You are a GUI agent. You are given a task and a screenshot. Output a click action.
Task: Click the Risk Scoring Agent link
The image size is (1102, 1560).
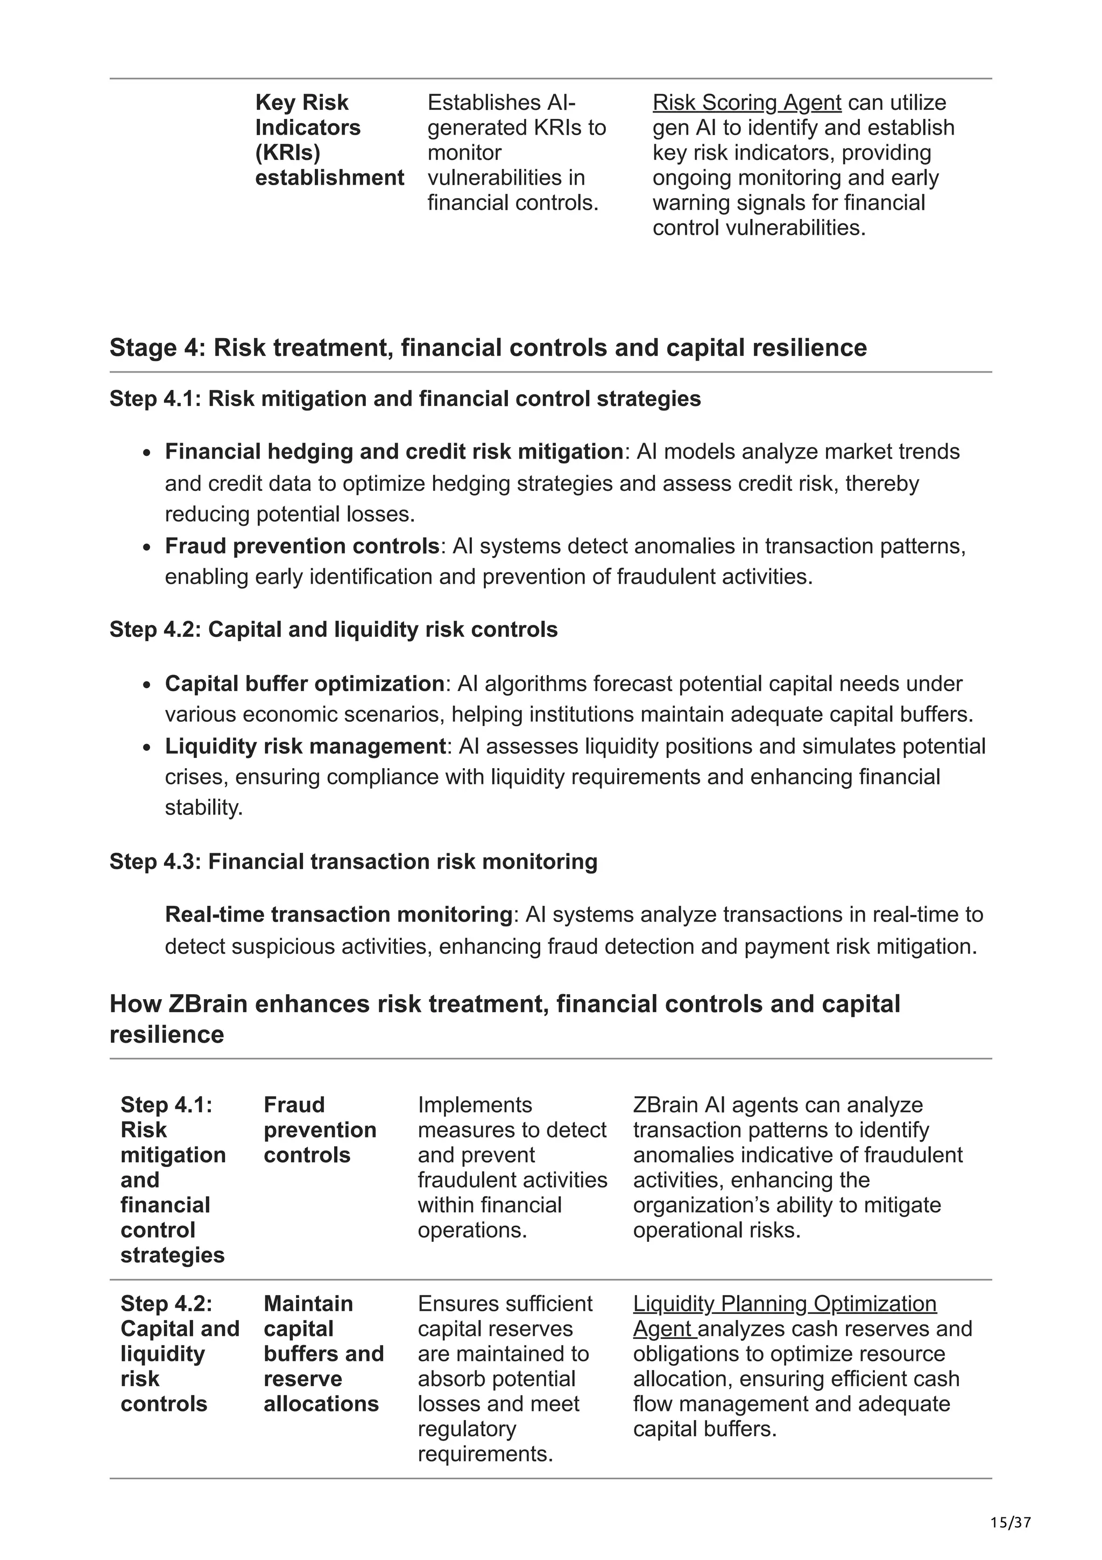click(x=746, y=103)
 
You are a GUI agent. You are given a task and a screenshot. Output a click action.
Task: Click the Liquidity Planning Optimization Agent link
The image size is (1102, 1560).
click(x=784, y=1303)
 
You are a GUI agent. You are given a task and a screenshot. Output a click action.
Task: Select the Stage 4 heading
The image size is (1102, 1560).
click(x=488, y=347)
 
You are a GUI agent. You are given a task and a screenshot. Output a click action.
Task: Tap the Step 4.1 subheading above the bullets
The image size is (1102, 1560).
click(x=405, y=398)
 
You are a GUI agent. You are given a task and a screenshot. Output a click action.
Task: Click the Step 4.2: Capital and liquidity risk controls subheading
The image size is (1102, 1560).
click(x=334, y=629)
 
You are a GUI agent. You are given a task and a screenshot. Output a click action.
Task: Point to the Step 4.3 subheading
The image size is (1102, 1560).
click(x=353, y=861)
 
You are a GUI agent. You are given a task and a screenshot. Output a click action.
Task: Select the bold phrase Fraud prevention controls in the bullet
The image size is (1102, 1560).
click(x=302, y=546)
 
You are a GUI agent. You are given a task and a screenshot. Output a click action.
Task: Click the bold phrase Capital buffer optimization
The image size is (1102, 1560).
click(x=304, y=683)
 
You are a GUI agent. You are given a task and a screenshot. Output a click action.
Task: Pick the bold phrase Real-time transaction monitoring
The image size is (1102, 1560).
click(x=338, y=914)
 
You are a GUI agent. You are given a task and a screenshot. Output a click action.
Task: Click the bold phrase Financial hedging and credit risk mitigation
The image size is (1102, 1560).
click(x=394, y=451)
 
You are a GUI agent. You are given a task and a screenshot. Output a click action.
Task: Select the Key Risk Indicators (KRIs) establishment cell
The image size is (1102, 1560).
click(x=329, y=140)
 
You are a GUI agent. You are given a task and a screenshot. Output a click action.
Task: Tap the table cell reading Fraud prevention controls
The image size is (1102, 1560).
click(x=319, y=1129)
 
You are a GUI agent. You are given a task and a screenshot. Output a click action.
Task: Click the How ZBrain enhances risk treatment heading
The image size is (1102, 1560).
click(x=505, y=1018)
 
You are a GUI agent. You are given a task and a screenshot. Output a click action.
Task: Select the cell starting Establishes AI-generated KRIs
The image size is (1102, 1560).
click(x=516, y=152)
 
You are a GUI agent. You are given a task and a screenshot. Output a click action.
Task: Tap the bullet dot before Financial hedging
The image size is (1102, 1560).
click(x=147, y=453)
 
